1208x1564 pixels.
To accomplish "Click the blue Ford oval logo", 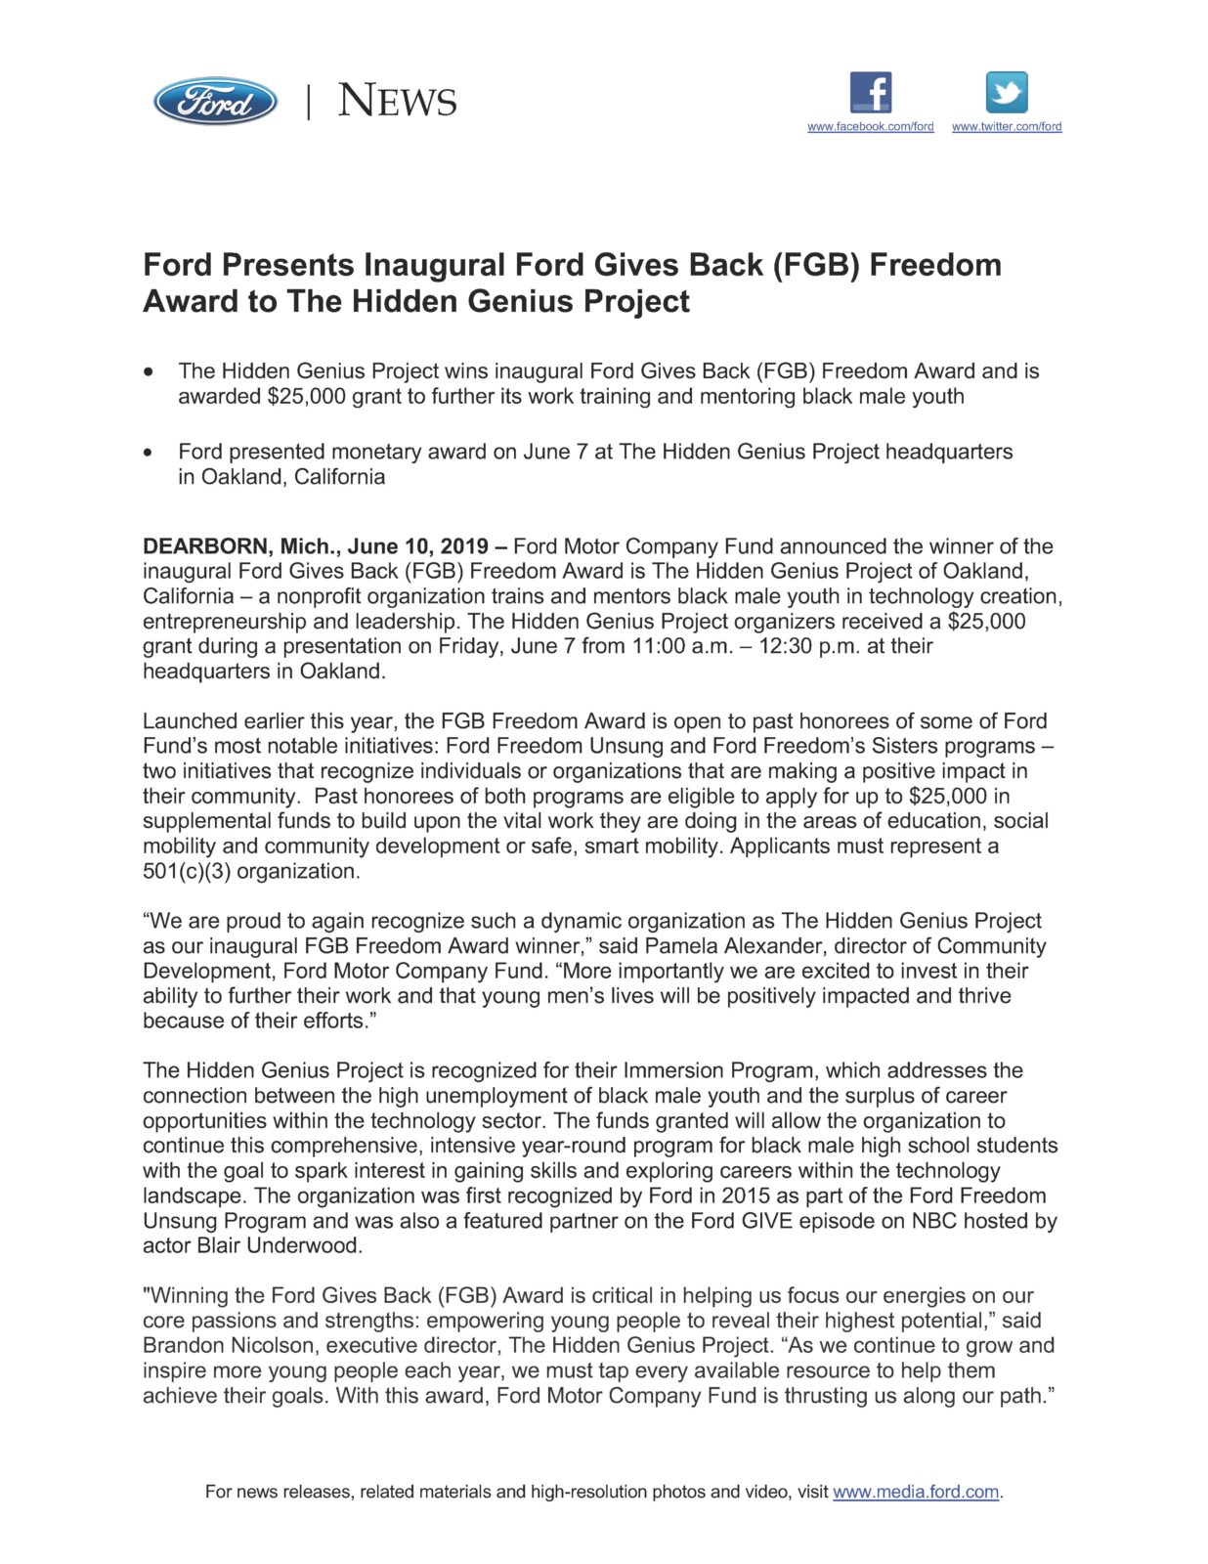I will (x=215, y=101).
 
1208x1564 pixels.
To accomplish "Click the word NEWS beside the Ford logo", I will (x=397, y=101).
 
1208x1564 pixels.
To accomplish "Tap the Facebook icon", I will (x=870, y=93).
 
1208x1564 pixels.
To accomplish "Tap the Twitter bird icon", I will (x=1007, y=93).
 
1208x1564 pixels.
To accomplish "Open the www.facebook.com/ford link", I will (x=870, y=126).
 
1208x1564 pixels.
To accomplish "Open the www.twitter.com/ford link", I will (x=1007, y=126).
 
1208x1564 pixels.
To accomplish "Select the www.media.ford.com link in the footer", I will (x=916, y=1492).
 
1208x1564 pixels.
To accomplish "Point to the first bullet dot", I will (x=149, y=372).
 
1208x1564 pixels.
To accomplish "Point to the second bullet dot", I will (x=149, y=453).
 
